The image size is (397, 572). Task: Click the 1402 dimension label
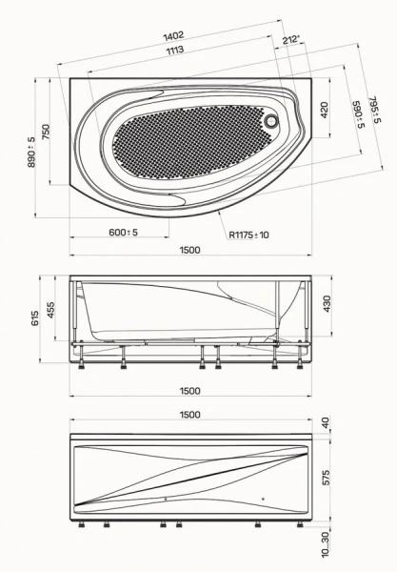coord(173,36)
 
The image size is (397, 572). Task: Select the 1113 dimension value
coord(175,50)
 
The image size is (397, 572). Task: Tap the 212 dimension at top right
coord(291,39)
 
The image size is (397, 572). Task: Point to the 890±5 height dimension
coord(32,152)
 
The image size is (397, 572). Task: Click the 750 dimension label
coord(46,132)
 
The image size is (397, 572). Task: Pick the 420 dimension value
coord(324,111)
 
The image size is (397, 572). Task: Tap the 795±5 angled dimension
coord(374,110)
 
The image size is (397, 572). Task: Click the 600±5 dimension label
coord(124,232)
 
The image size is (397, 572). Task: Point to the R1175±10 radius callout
coord(249,235)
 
